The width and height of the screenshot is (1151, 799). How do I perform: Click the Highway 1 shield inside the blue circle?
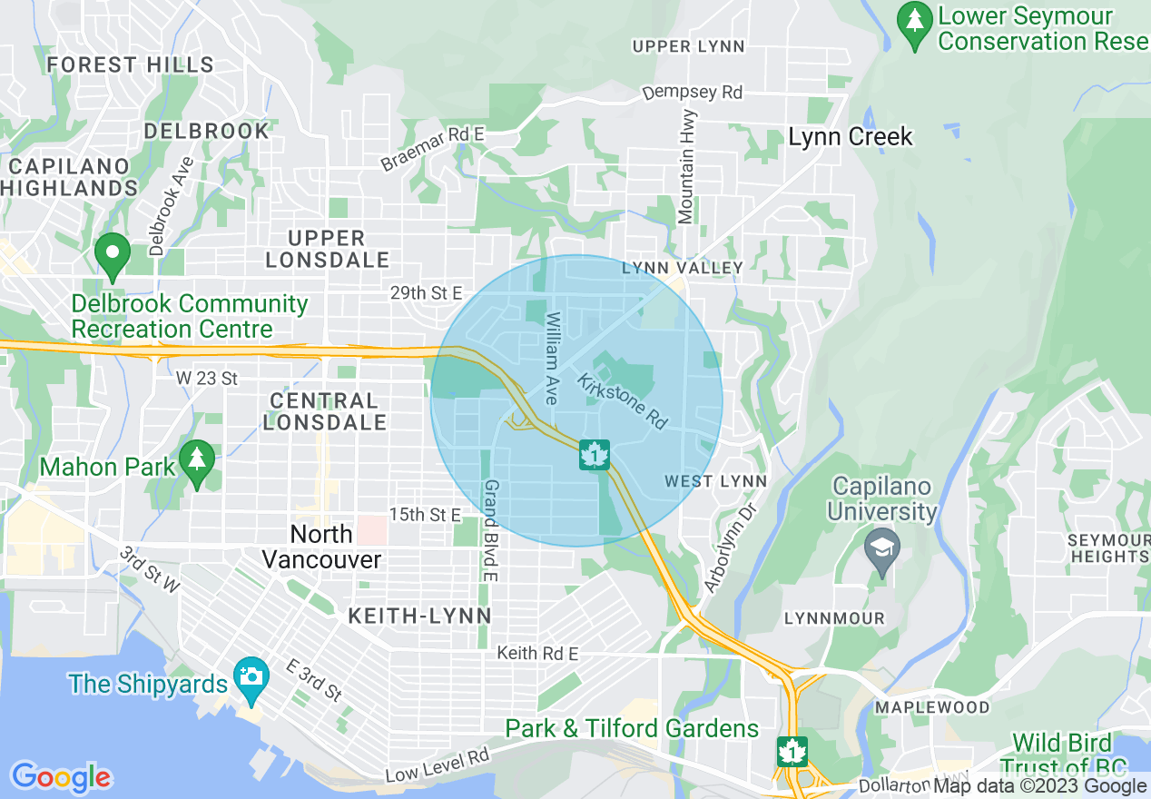pos(594,455)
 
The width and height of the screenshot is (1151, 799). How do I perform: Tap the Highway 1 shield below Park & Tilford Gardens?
pos(792,751)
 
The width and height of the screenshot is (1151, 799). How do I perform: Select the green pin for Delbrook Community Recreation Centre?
pos(113,257)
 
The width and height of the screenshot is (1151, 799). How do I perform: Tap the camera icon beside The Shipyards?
pos(251,676)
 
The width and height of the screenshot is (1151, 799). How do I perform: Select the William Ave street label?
pos(551,359)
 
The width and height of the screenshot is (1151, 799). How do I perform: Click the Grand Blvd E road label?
pos(490,530)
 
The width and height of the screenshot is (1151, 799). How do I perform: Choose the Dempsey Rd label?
pos(692,93)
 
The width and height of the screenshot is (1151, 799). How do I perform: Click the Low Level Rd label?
pos(437,766)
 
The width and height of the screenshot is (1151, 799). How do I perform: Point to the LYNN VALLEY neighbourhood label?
pos(683,268)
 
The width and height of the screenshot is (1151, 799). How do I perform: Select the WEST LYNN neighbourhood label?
pos(715,481)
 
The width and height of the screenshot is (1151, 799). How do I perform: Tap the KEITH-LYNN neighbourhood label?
pos(419,617)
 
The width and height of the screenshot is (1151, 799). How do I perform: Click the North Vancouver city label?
pos(321,546)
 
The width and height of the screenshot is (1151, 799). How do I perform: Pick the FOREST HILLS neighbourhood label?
pos(130,64)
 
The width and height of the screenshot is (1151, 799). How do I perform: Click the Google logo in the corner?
pos(61,777)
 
